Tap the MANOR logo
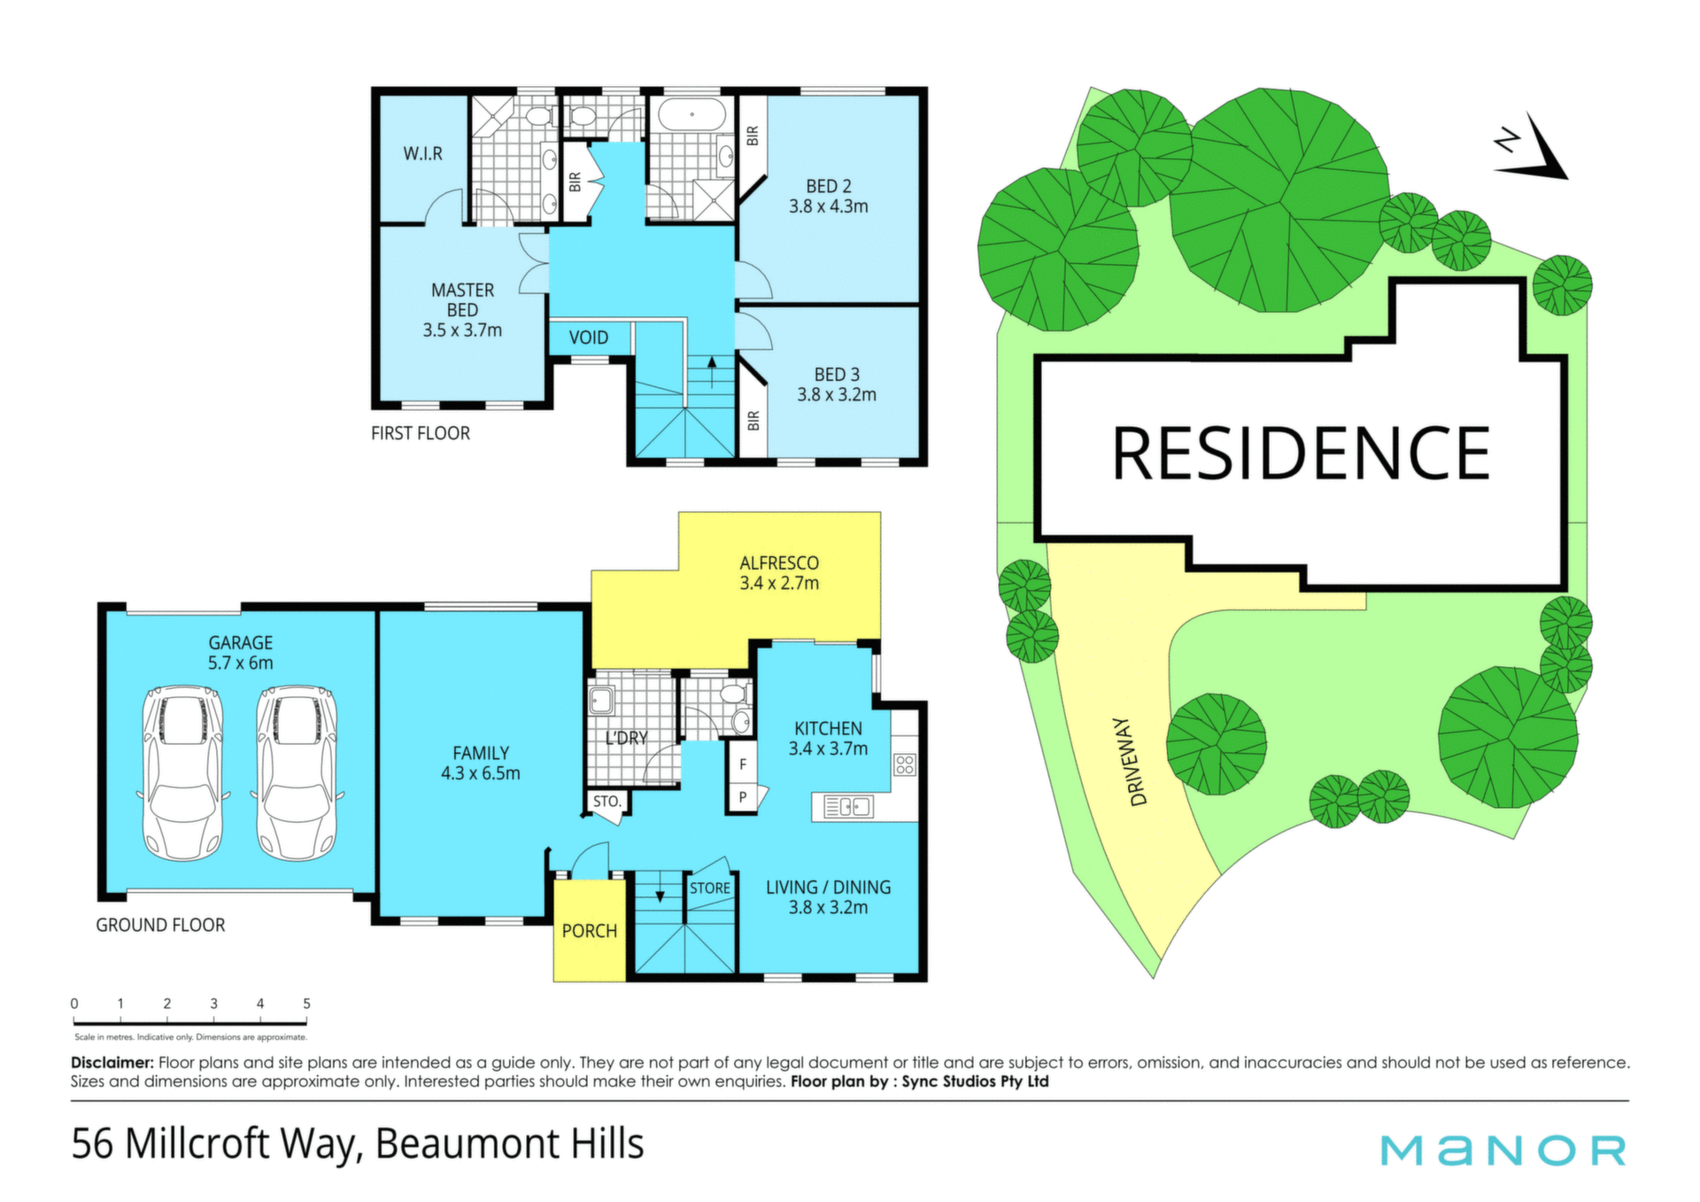1503,1151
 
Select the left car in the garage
183,773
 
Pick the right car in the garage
296,773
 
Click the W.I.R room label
423,154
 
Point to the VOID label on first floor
589,337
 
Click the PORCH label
590,931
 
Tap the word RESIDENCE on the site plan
1301,454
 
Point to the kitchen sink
848,807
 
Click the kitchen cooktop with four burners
904,764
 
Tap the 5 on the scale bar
306,1004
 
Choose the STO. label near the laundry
607,802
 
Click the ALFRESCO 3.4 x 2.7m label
779,573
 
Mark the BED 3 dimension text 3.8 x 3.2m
837,395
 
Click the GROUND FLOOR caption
160,925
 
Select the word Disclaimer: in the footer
112,1062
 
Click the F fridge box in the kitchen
743,764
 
